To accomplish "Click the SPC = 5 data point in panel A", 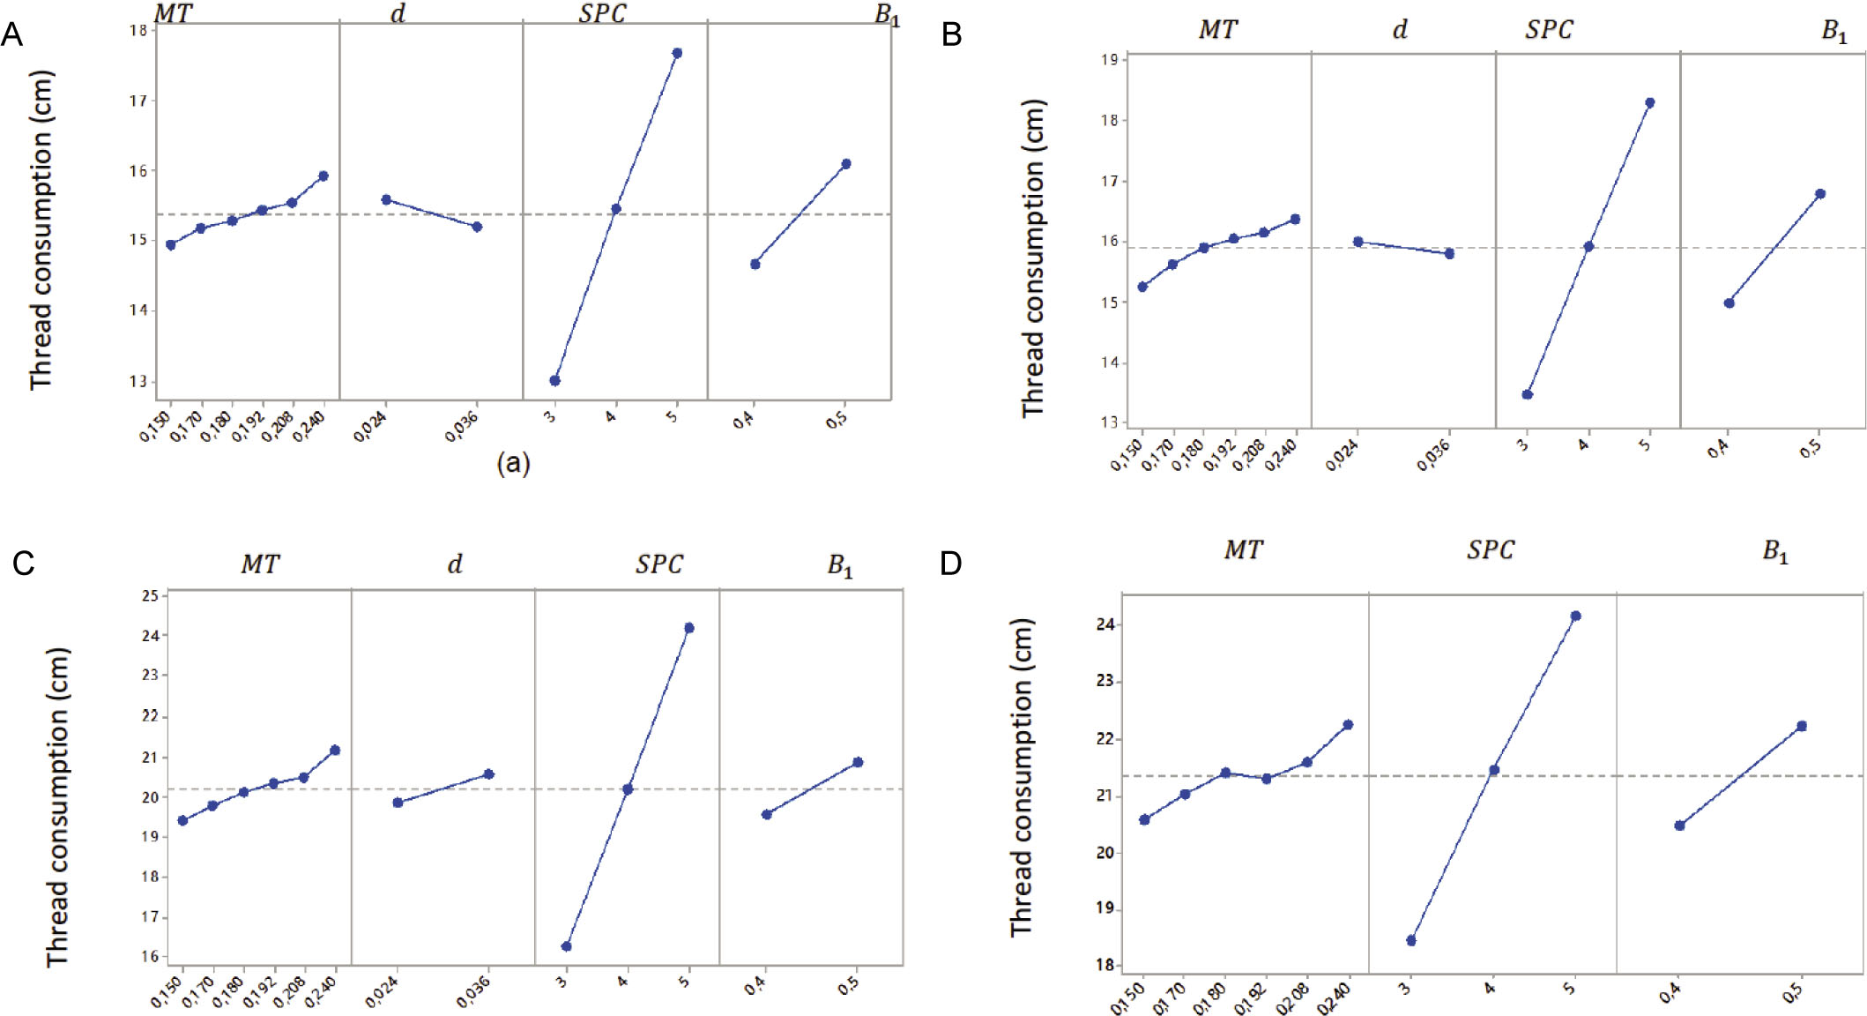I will tap(677, 53).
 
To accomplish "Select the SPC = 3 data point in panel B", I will tap(1528, 394).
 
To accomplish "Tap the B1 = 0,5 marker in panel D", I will tap(1802, 726).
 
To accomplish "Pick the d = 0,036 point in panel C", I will tap(489, 774).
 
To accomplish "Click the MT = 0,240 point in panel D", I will tap(1348, 725).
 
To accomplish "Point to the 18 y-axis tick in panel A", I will tap(138, 30).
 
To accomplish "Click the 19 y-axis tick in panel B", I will tap(1109, 60).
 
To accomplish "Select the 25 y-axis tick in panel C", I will tap(150, 596).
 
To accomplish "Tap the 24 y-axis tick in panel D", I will tap(1106, 624).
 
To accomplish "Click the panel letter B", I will tap(952, 34).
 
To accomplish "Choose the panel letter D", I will tap(950, 563).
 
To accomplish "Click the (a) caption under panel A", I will tap(513, 462).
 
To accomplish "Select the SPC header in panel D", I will tap(1490, 550).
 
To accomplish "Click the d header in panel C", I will tap(455, 564).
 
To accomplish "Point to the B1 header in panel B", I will tap(1834, 31).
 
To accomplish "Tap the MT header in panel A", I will tap(173, 14).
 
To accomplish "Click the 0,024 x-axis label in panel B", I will tap(1342, 454).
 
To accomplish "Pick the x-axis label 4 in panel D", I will tap(1490, 988).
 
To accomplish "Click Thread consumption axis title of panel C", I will tap(57, 807).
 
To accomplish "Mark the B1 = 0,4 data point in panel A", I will tap(755, 264).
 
